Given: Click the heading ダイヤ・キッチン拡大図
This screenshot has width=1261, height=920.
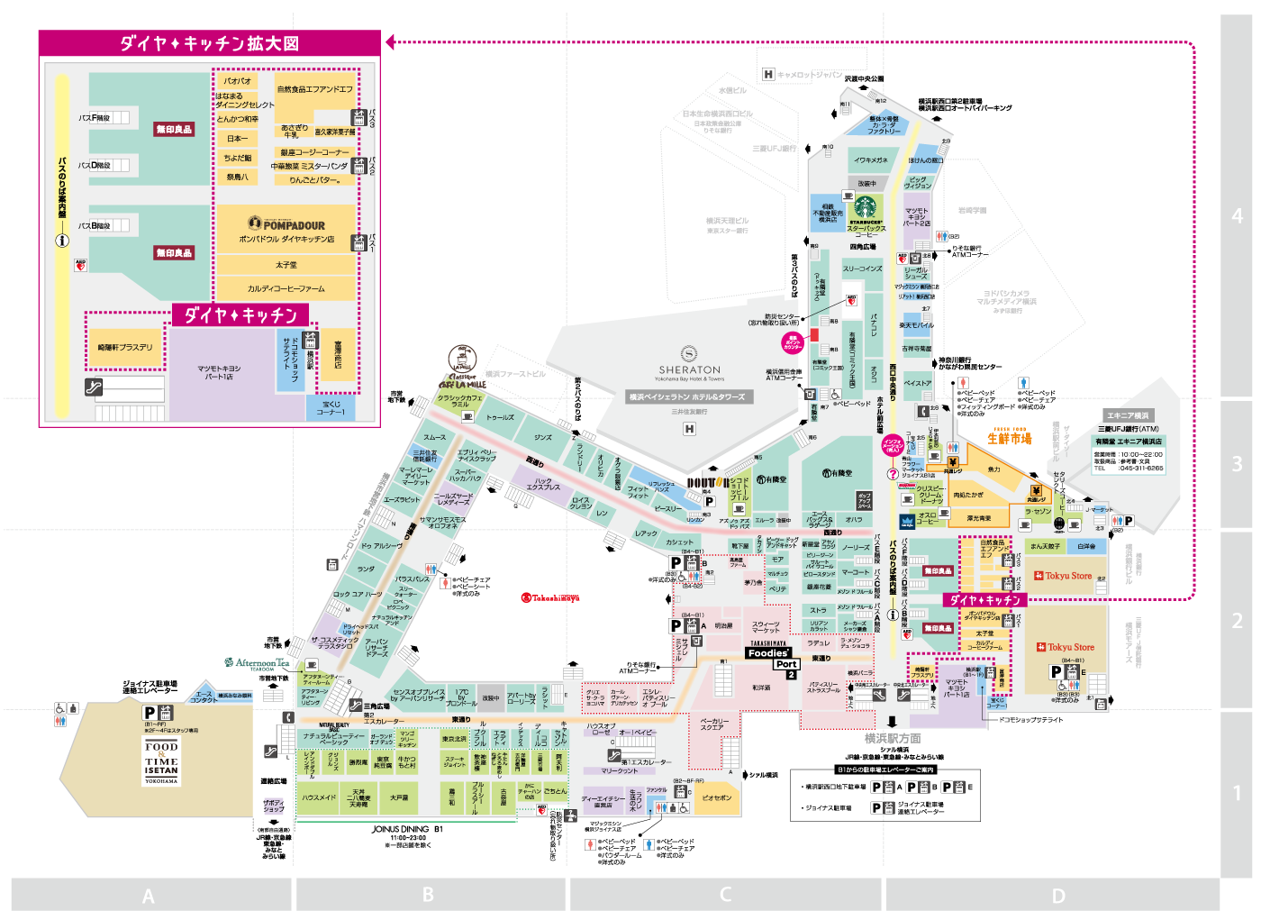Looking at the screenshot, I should tap(209, 43).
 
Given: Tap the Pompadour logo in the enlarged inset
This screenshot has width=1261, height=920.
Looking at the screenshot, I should tap(286, 224).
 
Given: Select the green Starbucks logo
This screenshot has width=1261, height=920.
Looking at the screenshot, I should tap(865, 207).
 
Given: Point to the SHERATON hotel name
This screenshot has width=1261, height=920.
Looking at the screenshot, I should tap(689, 369).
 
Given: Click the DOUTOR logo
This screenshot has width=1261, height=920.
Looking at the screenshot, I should tap(708, 483).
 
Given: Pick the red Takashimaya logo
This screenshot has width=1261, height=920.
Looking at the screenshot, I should tap(550, 597).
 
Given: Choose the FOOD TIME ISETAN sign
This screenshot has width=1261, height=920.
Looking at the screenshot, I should tap(161, 761).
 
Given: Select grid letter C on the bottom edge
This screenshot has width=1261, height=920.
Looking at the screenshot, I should tap(725, 895).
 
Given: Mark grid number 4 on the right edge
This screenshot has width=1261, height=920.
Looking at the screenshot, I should tap(1237, 216).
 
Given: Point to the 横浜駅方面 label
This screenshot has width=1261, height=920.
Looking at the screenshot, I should tap(892, 738).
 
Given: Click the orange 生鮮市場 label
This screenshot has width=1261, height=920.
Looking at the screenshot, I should tap(1009, 438).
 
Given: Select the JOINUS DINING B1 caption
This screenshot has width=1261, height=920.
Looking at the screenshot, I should tap(407, 829).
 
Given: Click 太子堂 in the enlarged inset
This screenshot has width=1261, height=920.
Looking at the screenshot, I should tap(286, 265).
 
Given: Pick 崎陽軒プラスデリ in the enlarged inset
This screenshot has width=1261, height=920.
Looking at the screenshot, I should tap(125, 347).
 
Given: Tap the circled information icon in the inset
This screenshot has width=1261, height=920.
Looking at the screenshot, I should tap(62, 241).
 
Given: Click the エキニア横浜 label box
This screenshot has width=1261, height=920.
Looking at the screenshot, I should tap(1128, 415).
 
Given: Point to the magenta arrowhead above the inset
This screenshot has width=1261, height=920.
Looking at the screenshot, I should tap(390, 41).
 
